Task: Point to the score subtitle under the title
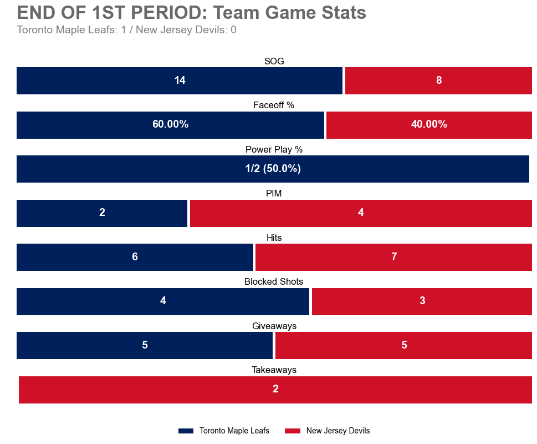point(126,30)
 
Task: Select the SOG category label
point(274,61)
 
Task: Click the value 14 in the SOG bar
point(180,80)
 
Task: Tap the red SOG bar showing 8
point(438,80)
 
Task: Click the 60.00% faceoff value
point(170,124)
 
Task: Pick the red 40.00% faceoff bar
point(429,124)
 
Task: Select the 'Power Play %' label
point(274,149)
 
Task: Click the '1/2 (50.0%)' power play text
point(273,169)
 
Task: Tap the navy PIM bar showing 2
point(102,213)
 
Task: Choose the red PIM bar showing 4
point(361,213)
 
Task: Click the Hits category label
point(274,238)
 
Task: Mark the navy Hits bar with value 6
point(135,257)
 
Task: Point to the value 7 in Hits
point(394,257)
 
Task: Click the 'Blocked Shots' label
point(274,281)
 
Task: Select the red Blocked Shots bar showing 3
point(422,301)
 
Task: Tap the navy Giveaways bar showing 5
point(145,345)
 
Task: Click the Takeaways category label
point(274,370)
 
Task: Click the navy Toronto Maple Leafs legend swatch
point(186,431)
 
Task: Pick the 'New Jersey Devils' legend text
point(337,431)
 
